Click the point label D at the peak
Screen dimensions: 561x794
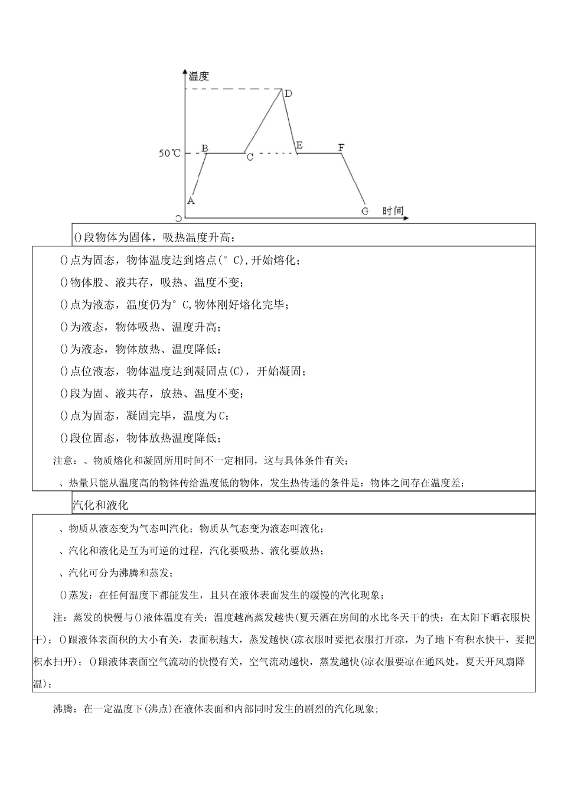(x=288, y=93)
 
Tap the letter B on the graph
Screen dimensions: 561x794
(x=205, y=148)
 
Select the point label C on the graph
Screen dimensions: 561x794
(x=249, y=158)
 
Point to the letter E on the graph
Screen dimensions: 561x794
(x=299, y=145)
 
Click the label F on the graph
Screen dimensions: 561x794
(x=341, y=147)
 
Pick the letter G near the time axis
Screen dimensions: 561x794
(x=364, y=211)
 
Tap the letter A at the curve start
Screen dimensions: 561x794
(x=191, y=200)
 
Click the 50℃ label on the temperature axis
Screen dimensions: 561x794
(x=169, y=154)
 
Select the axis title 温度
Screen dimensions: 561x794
(x=198, y=76)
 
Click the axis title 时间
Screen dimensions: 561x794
(x=393, y=210)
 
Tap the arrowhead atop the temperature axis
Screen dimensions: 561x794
(x=185, y=72)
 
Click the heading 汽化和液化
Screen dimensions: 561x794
(x=100, y=505)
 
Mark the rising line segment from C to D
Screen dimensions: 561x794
(x=263, y=121)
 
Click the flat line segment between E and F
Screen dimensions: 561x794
(x=319, y=153)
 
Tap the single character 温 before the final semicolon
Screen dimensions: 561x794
(x=38, y=684)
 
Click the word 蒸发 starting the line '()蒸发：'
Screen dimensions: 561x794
(x=81, y=595)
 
